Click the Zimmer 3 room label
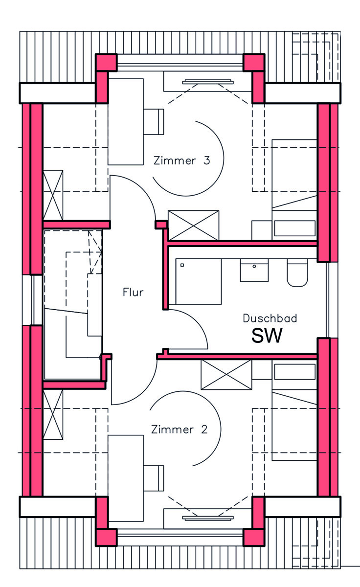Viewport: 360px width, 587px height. click(181, 160)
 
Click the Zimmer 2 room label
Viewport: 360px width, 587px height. click(180, 430)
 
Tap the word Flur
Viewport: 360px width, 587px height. click(133, 293)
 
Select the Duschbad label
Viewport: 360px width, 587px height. click(270, 318)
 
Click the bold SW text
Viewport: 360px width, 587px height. click(267, 336)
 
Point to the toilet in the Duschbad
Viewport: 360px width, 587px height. click(296, 273)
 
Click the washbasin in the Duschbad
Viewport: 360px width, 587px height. click(254, 270)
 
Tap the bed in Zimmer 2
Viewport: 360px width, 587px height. click(294, 426)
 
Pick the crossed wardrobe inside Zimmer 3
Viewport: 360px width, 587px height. click(193, 226)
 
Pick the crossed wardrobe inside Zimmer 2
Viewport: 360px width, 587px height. click(226, 375)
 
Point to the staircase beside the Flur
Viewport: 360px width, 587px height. click(73, 303)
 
